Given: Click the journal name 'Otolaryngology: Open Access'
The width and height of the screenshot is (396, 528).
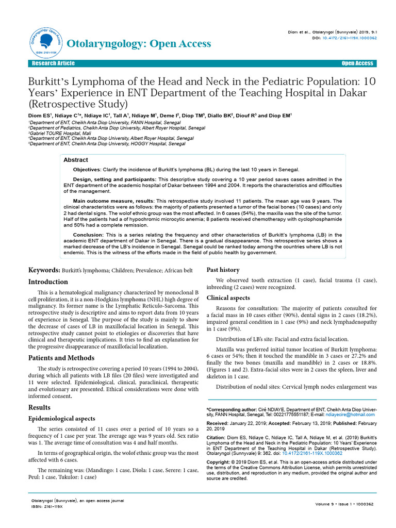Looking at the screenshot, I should pos(139,43).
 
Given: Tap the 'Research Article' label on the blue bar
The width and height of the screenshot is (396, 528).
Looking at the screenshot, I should pos(53,63).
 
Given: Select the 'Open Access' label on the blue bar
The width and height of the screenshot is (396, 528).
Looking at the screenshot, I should pos(357,63).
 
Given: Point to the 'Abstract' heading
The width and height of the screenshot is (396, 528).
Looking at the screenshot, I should pos(75,160).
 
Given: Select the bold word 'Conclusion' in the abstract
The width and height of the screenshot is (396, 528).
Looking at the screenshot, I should pos(88,235).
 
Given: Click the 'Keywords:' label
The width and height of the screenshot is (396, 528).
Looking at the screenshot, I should pos(44,270).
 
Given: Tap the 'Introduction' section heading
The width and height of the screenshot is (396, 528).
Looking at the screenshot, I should pos(48,282).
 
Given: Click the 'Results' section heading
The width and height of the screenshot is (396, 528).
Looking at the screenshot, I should pos(39,407).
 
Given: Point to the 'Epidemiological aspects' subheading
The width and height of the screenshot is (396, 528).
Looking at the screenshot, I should pos(61,419).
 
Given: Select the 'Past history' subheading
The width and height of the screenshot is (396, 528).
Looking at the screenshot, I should pos(223,270).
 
